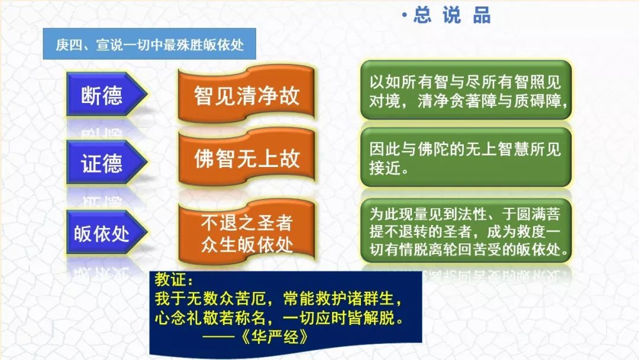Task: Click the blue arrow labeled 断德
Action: (x=106, y=95)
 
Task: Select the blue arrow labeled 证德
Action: (x=106, y=162)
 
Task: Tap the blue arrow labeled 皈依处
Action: (x=106, y=233)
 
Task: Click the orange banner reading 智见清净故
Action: (x=246, y=94)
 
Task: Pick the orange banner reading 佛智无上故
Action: (x=246, y=157)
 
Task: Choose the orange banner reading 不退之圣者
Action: (x=246, y=233)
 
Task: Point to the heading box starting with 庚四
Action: (x=150, y=44)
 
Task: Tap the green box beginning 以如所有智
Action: (x=466, y=91)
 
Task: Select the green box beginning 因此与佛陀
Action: (x=466, y=157)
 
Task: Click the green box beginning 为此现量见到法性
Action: (x=466, y=231)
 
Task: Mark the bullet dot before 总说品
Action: (x=405, y=15)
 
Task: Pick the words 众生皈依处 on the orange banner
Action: (x=247, y=245)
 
